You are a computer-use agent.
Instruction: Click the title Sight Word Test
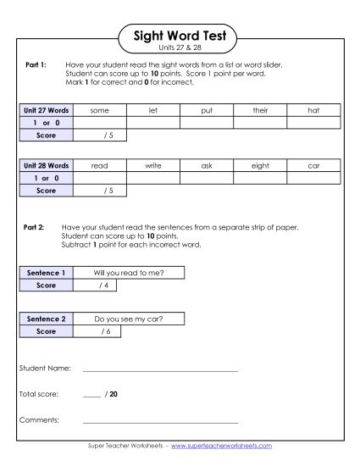(180, 36)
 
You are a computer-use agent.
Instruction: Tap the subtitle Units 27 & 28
(180, 49)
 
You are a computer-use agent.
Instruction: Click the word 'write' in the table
(153, 167)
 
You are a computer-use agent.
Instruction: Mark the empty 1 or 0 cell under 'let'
(153, 123)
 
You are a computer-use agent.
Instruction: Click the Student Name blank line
(160, 369)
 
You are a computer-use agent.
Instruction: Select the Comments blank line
(160, 420)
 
